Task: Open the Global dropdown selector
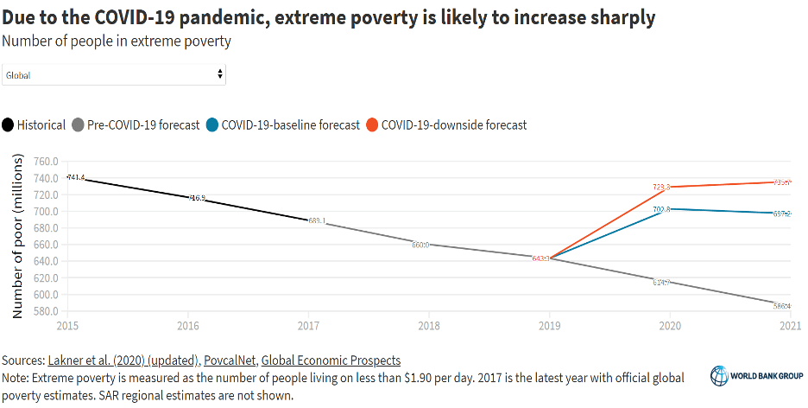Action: click(x=114, y=75)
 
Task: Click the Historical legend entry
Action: click(x=35, y=124)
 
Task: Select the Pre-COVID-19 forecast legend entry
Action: click(x=137, y=124)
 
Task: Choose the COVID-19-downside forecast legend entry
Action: click(x=446, y=124)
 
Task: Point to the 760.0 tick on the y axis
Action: click(x=44, y=162)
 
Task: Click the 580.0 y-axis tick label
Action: click(x=44, y=311)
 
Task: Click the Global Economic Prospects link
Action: click(x=331, y=360)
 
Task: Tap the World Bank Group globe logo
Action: click(x=720, y=375)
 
